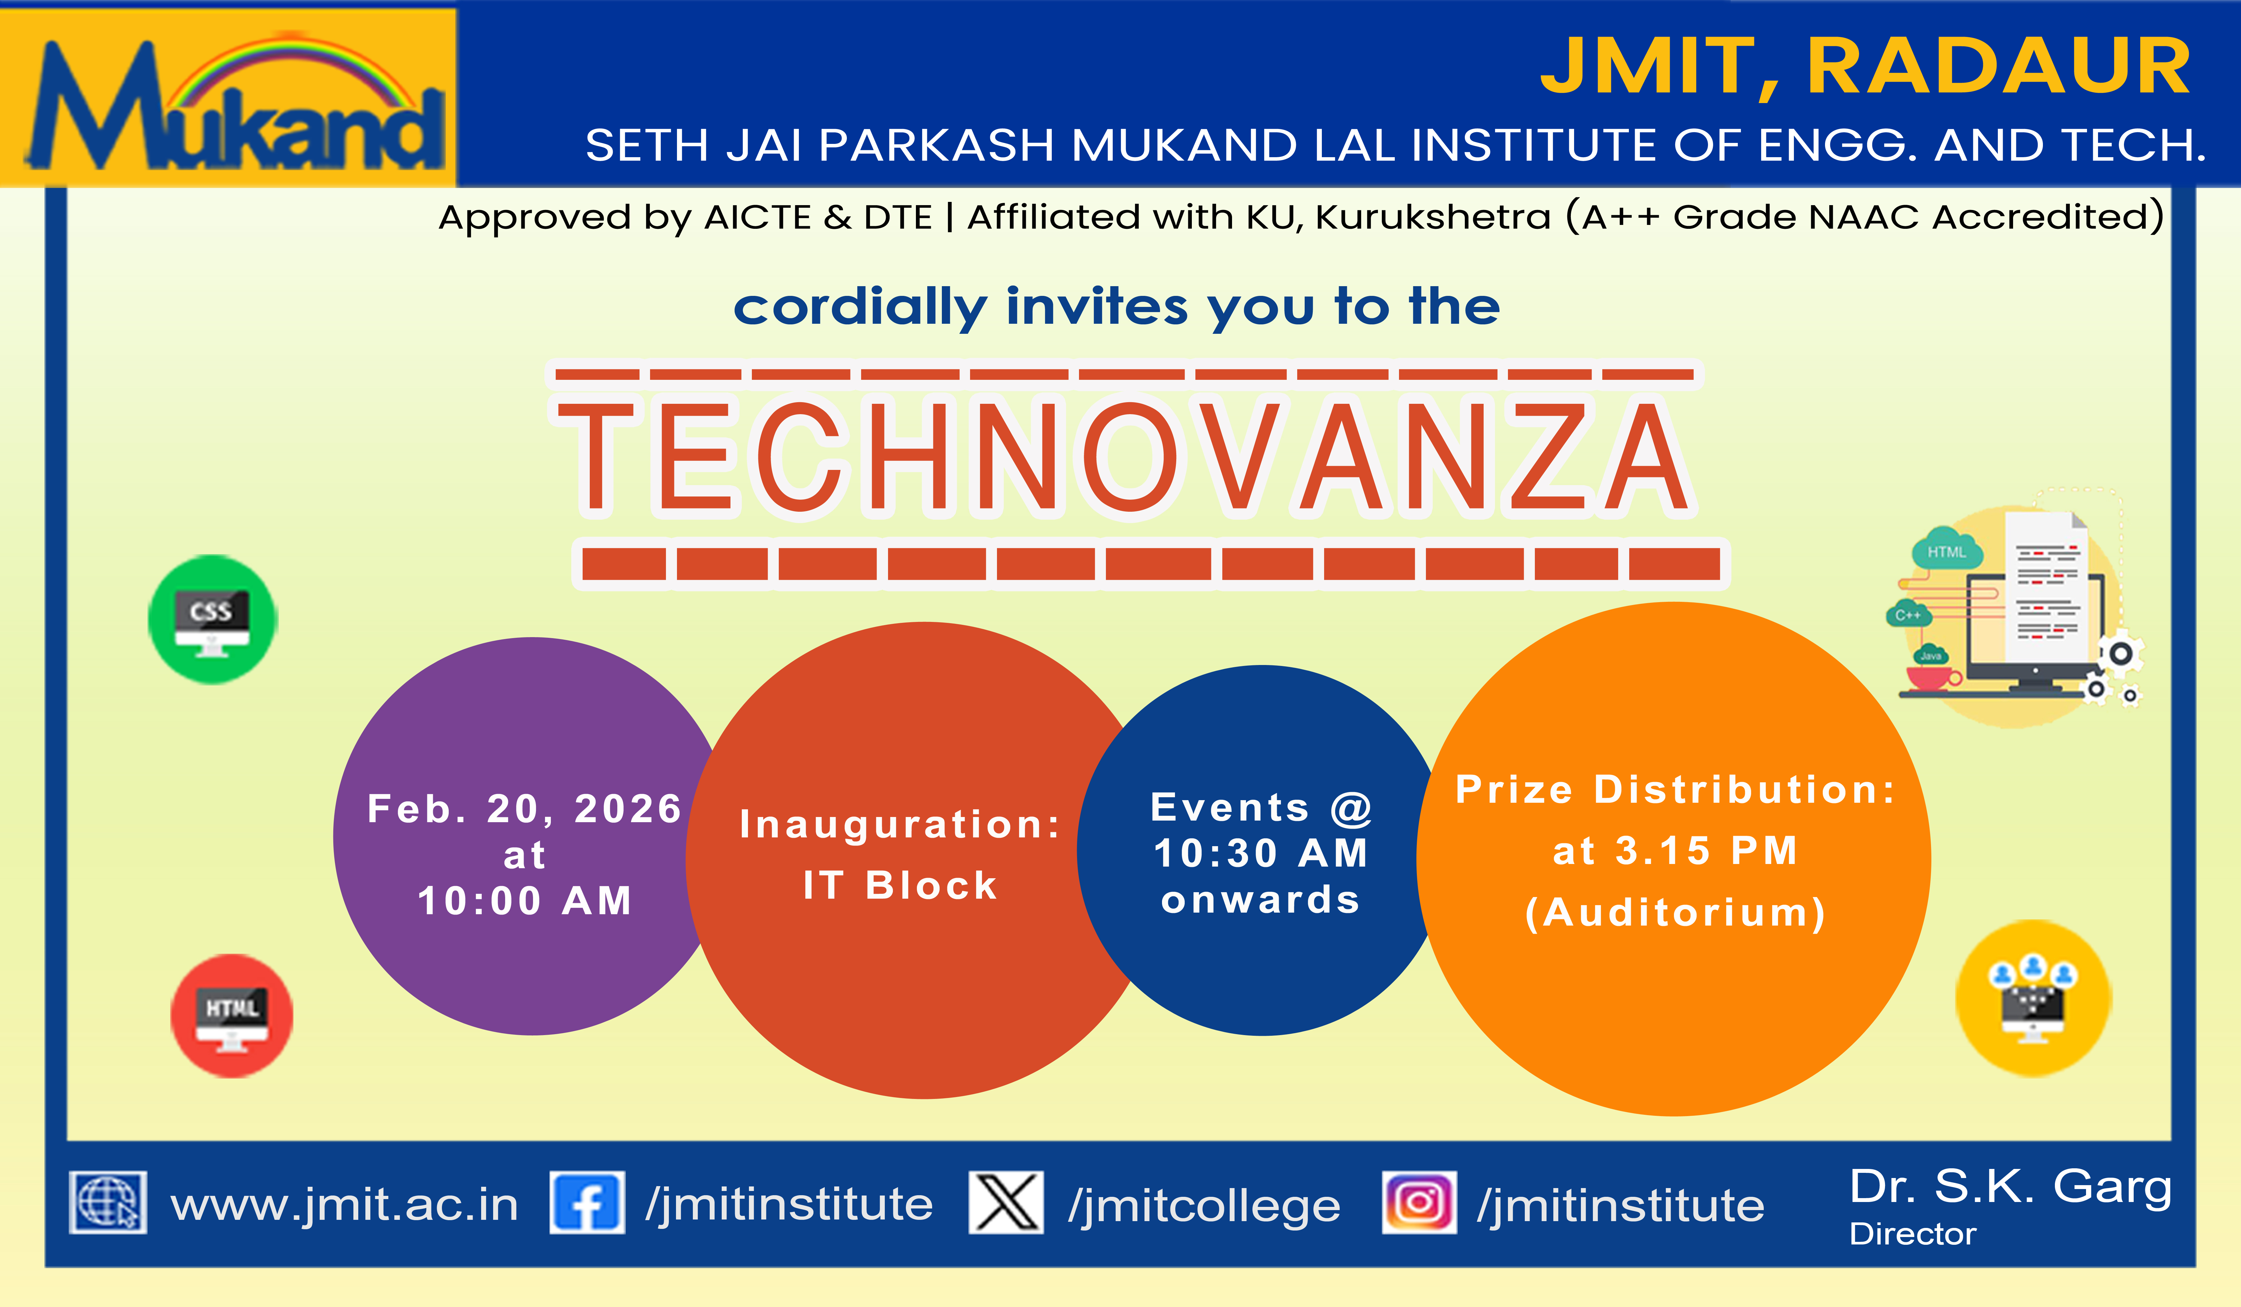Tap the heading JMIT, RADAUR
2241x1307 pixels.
tap(1865, 67)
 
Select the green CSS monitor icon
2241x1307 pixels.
tap(213, 620)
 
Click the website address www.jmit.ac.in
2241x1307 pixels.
tap(344, 1205)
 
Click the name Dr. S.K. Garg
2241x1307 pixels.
tap(2011, 1186)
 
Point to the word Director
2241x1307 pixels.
tap(1913, 1234)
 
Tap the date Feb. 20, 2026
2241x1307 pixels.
tap(525, 808)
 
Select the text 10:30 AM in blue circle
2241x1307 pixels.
tap(1261, 854)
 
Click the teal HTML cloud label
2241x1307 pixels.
tap(1947, 552)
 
